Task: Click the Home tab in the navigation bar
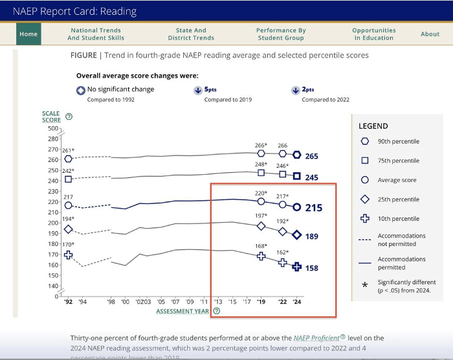[x=28, y=34]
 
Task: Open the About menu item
[x=430, y=34]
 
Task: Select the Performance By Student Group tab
[x=281, y=34]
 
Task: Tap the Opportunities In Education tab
[x=374, y=34]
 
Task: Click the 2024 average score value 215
[x=313, y=208]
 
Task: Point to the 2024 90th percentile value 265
[x=312, y=156]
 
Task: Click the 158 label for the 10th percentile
[x=312, y=267]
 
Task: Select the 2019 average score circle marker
[x=261, y=201]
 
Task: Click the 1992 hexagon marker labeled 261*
[x=69, y=159]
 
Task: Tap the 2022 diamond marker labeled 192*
[x=283, y=231]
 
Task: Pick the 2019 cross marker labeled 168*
[x=261, y=256]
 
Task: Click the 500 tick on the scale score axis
[x=52, y=129]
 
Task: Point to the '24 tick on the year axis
[x=297, y=302]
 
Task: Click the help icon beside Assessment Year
[x=216, y=311]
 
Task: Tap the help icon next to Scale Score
[x=69, y=117]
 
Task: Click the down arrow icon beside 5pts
[x=197, y=91]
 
